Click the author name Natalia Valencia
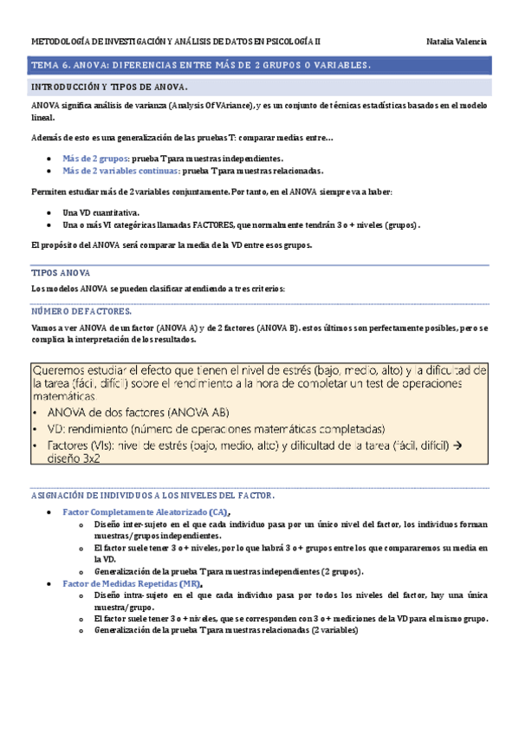[x=457, y=42]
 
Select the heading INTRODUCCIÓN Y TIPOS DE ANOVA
[x=109, y=88]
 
